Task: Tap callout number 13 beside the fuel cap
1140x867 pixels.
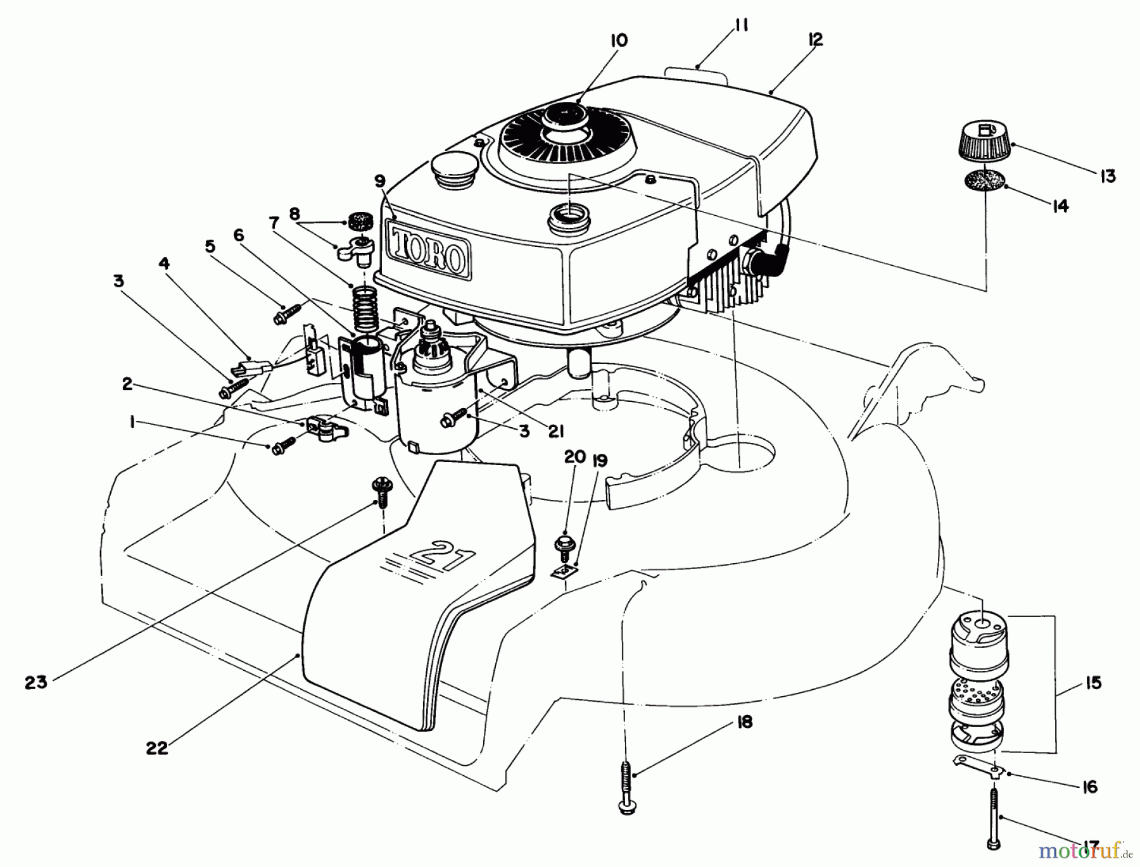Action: pos(1107,176)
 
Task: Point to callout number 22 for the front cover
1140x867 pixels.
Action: pos(156,747)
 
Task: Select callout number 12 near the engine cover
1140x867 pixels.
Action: pos(816,39)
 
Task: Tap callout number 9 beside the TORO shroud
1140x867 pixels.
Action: pos(379,182)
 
